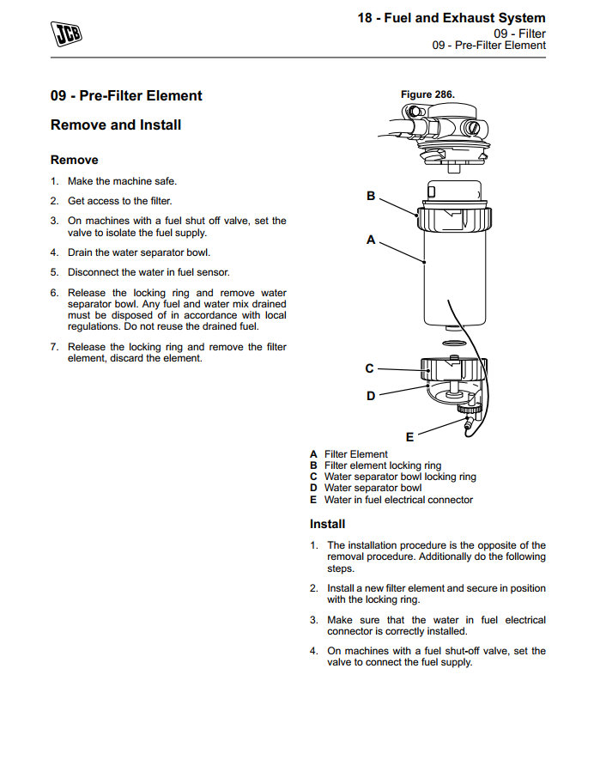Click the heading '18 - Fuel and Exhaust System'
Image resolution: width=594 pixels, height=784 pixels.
[451, 18]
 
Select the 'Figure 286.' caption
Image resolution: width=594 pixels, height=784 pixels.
[427, 94]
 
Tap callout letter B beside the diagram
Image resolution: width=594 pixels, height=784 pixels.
[371, 196]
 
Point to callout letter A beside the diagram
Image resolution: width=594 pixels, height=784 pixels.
[371, 240]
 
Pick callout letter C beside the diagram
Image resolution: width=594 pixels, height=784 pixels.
[369, 368]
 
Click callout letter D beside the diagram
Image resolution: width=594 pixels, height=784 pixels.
[371, 396]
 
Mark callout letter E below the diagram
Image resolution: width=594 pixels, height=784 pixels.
[409, 437]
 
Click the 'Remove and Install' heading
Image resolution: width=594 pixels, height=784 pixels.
[116, 125]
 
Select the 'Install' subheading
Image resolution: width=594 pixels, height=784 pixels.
[327, 524]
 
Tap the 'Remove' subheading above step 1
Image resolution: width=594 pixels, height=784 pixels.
[75, 160]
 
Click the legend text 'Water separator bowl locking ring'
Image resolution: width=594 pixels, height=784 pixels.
[400, 477]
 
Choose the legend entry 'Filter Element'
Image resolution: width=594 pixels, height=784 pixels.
[356, 454]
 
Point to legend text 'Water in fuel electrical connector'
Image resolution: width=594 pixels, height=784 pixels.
[398, 499]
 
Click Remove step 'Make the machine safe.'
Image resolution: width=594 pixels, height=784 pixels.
[122, 181]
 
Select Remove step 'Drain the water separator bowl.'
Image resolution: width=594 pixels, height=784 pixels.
[138, 252]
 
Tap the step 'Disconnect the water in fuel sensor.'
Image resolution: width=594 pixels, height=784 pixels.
[148, 272]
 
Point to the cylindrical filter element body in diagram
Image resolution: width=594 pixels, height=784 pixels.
[455, 275]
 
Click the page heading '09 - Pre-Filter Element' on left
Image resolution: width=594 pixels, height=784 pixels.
[126, 96]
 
